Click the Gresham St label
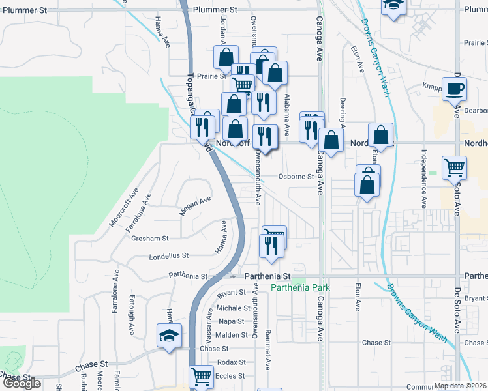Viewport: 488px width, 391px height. tap(151, 239)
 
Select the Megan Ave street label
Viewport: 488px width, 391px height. tap(195, 206)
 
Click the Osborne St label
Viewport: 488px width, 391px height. tap(296, 176)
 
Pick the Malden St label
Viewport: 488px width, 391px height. tap(227, 334)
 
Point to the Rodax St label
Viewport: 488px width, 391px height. tap(232, 362)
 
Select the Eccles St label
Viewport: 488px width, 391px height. tap(231, 375)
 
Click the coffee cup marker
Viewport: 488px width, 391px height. tap(453, 90)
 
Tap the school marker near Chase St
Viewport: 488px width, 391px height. tap(169, 336)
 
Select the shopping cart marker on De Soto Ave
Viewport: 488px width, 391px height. tap(453, 167)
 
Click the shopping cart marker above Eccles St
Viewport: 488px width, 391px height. tap(201, 377)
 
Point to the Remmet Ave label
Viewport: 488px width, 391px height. tap(268, 353)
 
